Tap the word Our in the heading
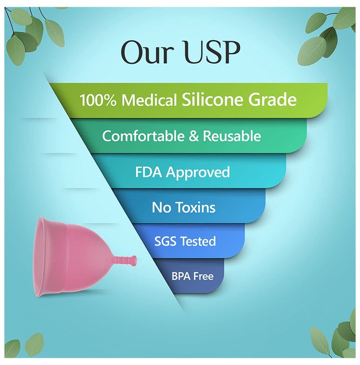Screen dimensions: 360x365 147,52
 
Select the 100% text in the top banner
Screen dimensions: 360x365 98,100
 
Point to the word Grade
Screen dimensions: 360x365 272,100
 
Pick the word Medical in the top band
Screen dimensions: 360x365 149,100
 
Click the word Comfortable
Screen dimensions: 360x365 143,136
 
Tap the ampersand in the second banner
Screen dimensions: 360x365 194,136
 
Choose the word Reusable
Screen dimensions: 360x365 232,136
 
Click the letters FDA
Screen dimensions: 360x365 148,172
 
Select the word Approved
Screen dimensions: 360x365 198,173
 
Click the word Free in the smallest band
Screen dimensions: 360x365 203,276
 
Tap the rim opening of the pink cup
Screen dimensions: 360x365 40,256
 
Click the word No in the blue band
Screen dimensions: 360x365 161,207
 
